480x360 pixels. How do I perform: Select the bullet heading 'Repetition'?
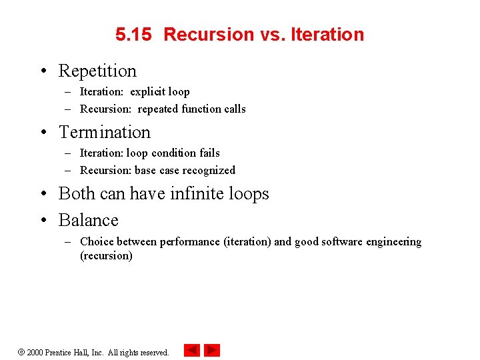point(97,71)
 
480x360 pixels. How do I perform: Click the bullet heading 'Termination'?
point(105,132)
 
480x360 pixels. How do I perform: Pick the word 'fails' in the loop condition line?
point(207,153)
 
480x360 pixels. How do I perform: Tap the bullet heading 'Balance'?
point(88,220)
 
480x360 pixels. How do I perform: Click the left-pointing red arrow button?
point(192,350)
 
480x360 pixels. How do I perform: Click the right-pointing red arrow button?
point(212,350)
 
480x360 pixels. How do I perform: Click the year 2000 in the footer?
point(35,352)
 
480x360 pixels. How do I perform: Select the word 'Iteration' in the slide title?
point(327,35)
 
